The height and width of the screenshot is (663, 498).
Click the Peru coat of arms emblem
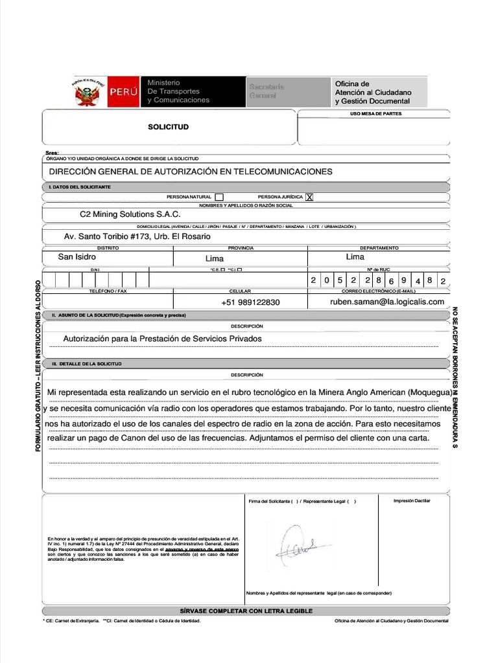click(89, 93)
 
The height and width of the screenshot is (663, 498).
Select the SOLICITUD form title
click(168, 127)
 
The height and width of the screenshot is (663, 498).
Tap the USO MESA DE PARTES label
click(375, 114)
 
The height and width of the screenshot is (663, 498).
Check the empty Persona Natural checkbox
click(219, 197)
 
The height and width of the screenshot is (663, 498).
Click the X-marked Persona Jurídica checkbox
click(309, 197)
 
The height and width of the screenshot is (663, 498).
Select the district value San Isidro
click(77, 257)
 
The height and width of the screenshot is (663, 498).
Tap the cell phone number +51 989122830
click(250, 302)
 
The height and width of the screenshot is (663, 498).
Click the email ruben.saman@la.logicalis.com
click(386, 302)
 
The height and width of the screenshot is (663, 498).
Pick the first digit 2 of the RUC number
click(313, 280)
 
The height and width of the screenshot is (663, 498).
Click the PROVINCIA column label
click(241, 248)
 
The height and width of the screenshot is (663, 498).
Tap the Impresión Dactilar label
click(412, 500)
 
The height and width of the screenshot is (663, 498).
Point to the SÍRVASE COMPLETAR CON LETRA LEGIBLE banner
click(246, 611)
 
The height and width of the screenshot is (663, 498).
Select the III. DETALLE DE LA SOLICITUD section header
click(87, 364)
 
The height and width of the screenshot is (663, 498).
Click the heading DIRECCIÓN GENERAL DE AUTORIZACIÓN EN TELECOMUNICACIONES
click(191, 172)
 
